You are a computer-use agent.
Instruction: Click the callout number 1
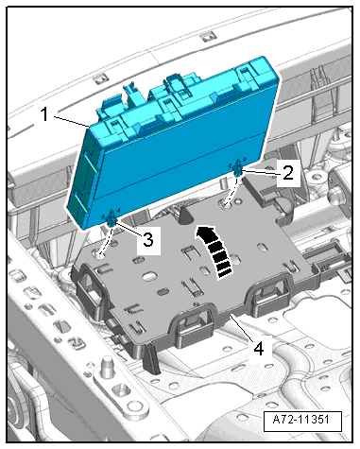click(44, 113)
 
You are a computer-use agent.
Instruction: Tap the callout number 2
click(288, 173)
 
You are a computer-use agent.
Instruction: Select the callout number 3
click(148, 239)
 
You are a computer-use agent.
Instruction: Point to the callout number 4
click(258, 349)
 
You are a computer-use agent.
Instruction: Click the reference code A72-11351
click(301, 420)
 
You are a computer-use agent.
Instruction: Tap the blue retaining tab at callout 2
click(238, 169)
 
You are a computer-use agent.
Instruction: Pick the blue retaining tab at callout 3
click(111, 219)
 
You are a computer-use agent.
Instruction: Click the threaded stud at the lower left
click(107, 366)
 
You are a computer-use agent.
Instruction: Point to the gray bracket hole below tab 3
click(100, 254)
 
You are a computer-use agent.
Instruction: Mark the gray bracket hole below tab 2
click(226, 205)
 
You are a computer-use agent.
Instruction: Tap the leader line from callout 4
click(242, 328)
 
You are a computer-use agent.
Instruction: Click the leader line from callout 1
click(72, 122)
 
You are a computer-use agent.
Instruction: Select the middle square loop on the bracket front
click(193, 323)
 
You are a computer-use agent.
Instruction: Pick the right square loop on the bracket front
click(270, 294)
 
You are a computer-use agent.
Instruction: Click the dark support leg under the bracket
click(151, 358)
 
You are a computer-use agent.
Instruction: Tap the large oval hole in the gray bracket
click(150, 277)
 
